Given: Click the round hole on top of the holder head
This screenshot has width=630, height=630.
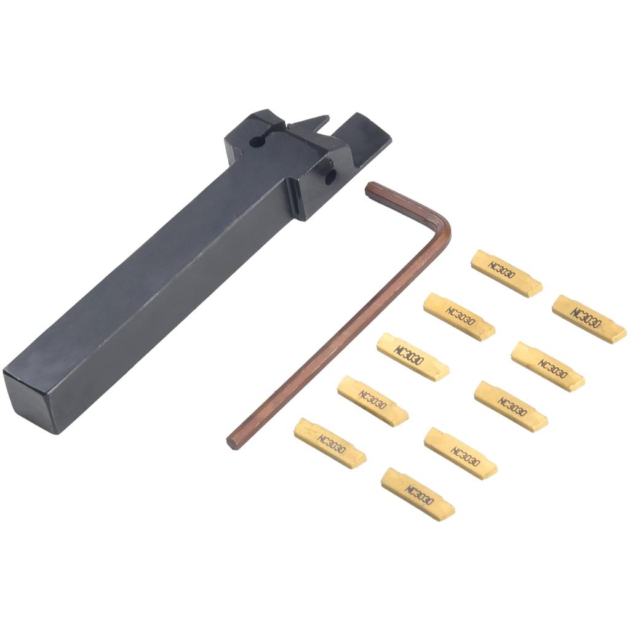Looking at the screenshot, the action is pyautogui.click(x=256, y=142).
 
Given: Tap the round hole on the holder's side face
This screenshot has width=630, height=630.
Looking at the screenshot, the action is pyautogui.click(x=330, y=177).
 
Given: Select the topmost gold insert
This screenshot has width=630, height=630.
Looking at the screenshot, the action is pyautogui.click(x=507, y=273).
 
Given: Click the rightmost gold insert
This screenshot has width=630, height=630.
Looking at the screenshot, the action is pyautogui.click(x=589, y=319).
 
